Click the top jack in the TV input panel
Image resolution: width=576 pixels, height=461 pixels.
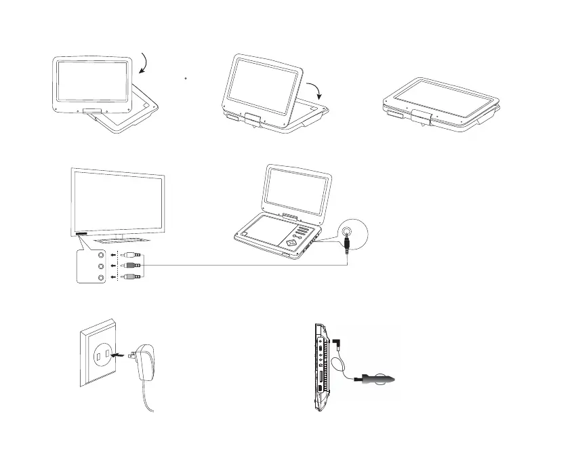[102, 256]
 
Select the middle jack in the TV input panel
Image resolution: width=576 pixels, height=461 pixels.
[102, 266]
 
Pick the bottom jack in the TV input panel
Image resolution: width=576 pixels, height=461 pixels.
[102, 277]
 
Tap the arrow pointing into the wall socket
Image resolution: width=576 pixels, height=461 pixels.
[118, 353]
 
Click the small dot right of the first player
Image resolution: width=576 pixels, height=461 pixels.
[186, 79]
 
